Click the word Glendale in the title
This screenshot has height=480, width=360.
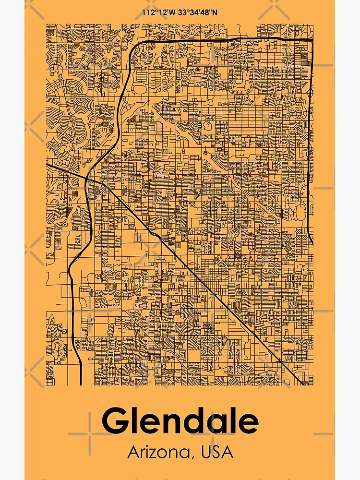click(180, 421)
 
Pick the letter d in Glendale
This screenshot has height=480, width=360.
click(195, 421)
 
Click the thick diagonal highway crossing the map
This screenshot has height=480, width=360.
click(192, 269)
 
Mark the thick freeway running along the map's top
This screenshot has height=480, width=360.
click(221, 40)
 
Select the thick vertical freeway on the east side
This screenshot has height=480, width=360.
click(308, 144)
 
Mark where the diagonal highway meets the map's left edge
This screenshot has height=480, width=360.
click(47, 164)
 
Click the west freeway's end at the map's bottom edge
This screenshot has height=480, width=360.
click(81, 384)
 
